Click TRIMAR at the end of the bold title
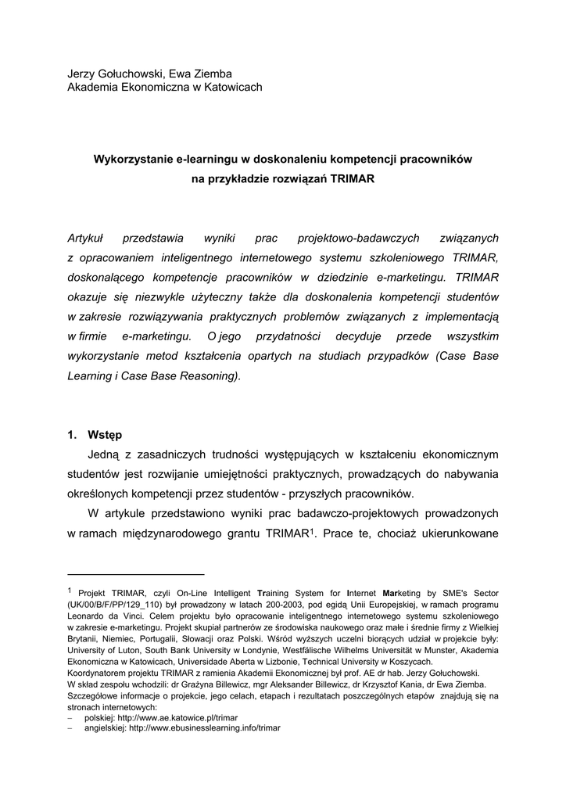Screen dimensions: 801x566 (353, 178)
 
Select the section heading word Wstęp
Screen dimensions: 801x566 (105, 434)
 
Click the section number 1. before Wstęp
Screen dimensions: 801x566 (72, 434)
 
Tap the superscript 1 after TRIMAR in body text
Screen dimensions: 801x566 (311, 531)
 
